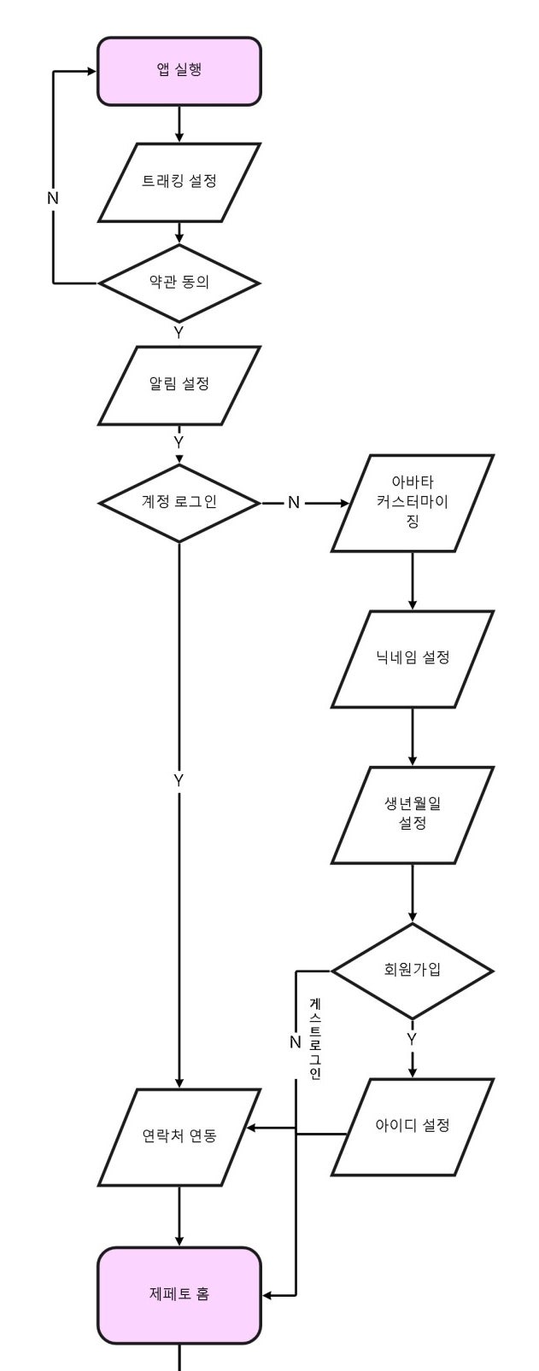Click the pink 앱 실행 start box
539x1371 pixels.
coord(179,71)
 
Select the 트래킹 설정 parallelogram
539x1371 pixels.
coord(179,182)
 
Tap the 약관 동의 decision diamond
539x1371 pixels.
coord(179,282)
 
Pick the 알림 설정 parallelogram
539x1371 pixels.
coord(179,384)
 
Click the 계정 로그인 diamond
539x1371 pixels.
coord(179,502)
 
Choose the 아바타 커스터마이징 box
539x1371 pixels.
coord(413,503)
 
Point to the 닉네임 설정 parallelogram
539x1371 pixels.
coord(413,658)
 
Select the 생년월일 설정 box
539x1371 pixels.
coord(413,814)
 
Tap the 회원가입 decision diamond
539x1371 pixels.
coord(413,970)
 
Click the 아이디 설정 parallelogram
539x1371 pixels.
coord(413,1126)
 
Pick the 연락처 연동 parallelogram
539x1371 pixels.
coord(179,1136)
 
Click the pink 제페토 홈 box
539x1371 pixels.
coord(179,1294)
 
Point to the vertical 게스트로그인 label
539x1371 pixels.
coord(315,1038)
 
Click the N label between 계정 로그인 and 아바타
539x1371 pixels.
coord(294,503)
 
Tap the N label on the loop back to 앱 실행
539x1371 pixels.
coord(53,198)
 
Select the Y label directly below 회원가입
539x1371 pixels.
coord(412,1039)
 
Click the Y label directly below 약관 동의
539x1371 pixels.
coord(179,333)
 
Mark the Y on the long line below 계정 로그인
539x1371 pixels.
coord(179,780)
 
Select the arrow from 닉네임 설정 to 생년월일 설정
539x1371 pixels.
coord(413,736)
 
